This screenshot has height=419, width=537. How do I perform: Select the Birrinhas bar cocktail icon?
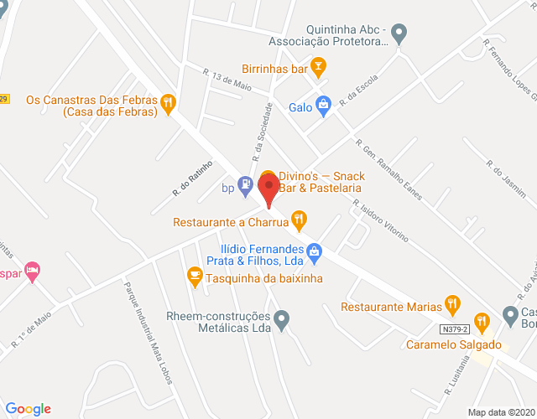click(318, 65)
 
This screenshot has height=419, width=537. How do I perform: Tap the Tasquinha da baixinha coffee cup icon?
click(195, 274)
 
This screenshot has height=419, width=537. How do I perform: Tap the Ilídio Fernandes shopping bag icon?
click(314, 250)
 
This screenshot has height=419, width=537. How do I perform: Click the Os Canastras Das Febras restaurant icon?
click(169, 103)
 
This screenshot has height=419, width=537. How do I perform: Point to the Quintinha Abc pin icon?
click(399, 34)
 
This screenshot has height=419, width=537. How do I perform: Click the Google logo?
click(28, 408)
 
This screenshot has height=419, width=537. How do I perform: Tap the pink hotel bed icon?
click(33, 270)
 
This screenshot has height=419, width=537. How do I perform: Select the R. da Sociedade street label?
click(263, 132)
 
